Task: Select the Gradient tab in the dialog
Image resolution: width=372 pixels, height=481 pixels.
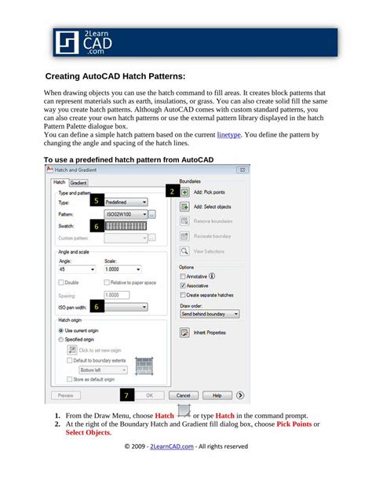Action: (78, 183)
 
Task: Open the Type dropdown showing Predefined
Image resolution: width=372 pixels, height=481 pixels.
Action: (126, 202)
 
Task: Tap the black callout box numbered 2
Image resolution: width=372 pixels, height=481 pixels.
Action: (172, 191)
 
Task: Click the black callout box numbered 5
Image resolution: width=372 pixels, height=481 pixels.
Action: (96, 201)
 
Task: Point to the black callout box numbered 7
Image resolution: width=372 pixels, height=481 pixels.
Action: (128, 395)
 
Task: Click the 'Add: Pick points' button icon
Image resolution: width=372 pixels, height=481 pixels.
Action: (185, 191)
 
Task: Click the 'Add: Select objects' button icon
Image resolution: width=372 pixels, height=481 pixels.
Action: (185, 206)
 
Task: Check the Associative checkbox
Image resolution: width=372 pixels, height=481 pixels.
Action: (183, 286)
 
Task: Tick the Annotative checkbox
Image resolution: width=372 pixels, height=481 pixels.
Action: (183, 275)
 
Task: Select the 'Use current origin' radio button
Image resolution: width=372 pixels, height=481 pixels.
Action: (61, 330)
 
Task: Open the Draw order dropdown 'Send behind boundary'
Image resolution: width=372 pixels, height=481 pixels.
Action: (210, 314)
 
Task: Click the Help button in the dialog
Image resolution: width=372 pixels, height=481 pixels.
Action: (217, 395)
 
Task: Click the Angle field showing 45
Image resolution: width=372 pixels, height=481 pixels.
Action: (76, 268)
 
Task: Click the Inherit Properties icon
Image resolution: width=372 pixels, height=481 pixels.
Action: (185, 333)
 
